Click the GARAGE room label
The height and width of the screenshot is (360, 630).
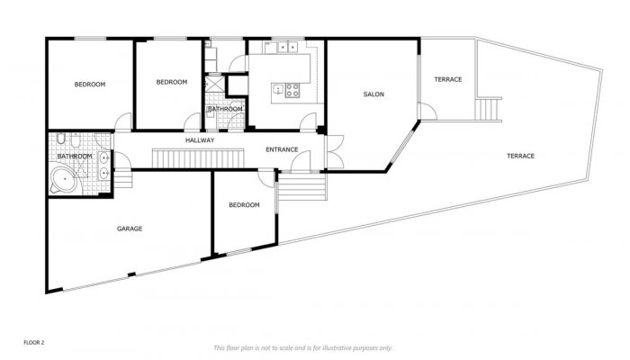[130, 229]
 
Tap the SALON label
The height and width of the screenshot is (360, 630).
[374, 94]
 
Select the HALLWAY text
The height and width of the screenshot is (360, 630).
[200, 141]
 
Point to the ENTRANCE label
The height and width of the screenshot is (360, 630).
[282, 148]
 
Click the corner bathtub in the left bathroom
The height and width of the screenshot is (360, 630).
[64, 181]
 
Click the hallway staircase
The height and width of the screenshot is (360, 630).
[197, 158]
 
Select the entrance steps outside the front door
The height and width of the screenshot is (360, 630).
[301, 190]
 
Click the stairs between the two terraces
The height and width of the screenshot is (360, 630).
[489, 110]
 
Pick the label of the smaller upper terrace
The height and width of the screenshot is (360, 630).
[447, 79]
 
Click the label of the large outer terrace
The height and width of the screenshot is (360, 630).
[520, 156]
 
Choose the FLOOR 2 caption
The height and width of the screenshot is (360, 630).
[34, 343]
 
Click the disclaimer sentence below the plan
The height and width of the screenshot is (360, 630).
[302, 347]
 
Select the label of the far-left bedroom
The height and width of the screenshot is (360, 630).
[89, 85]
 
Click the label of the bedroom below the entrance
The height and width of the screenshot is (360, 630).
[244, 205]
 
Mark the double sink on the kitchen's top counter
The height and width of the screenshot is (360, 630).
[287, 45]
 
